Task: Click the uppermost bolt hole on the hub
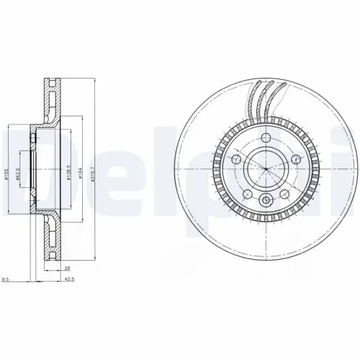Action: point(265,138)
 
